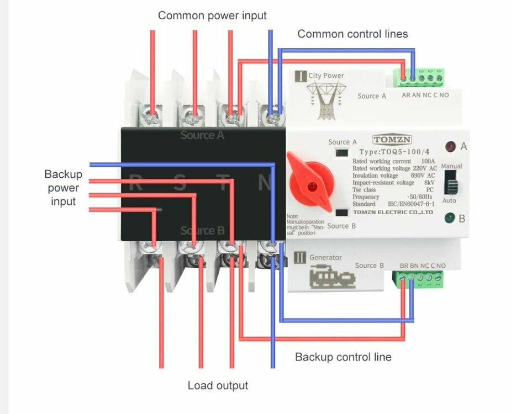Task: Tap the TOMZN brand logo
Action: tap(392, 140)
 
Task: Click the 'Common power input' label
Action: tap(212, 15)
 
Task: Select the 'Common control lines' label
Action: tap(352, 34)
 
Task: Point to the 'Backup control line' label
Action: tap(343, 357)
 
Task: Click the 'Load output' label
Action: tap(218, 385)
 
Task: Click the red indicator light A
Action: tap(450, 147)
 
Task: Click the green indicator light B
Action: tap(450, 218)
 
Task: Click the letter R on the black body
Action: tap(135, 183)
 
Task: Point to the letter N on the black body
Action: tap(266, 183)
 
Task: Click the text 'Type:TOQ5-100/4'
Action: tap(393, 152)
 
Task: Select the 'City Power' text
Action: tap(326, 76)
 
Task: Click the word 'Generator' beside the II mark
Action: tap(325, 257)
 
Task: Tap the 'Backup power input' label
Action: tap(64, 188)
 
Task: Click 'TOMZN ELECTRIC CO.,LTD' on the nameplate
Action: tap(393, 212)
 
